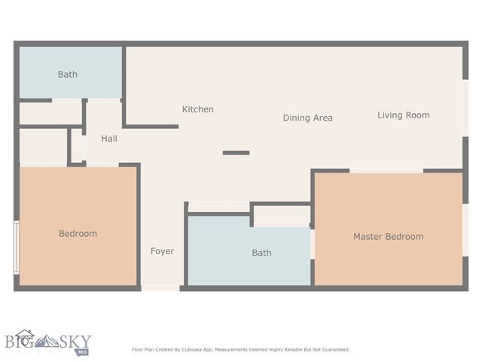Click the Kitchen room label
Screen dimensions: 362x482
click(197, 109)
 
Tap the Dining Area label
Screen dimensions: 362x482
click(307, 118)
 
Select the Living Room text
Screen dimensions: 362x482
click(403, 115)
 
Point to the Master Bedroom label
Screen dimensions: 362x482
click(388, 237)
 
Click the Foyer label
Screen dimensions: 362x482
click(162, 251)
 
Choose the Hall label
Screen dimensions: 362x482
click(109, 139)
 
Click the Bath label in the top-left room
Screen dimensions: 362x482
click(68, 75)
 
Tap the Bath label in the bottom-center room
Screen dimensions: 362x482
click(261, 253)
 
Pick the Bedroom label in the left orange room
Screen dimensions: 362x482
click(78, 234)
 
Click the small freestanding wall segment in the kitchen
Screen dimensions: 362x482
click(236, 153)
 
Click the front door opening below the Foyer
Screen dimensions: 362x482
click(160, 287)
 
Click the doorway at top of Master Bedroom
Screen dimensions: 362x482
click(386, 171)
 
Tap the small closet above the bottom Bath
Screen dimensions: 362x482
click(282, 216)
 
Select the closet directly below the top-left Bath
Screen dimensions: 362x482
click(50, 113)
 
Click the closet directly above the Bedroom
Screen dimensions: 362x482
click(43, 146)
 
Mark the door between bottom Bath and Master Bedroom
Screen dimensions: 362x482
click(312, 244)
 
